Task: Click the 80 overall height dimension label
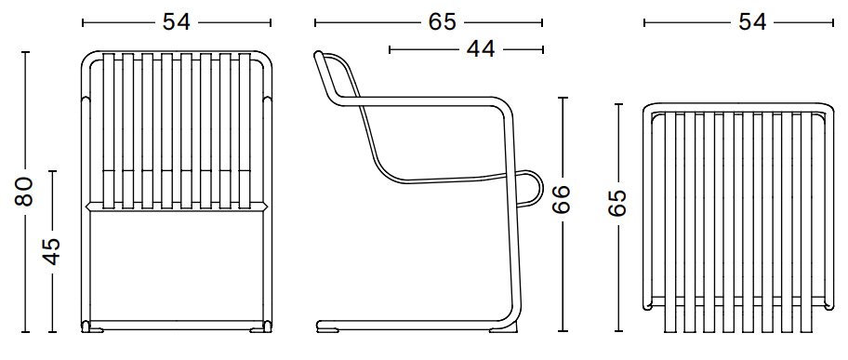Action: [x=24, y=192]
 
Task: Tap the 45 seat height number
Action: [x=52, y=251]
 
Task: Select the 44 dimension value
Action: [x=480, y=49]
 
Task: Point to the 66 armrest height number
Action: [x=563, y=200]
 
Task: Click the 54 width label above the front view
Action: [x=177, y=22]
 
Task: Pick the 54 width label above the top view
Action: [x=751, y=22]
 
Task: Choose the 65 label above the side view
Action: [x=443, y=22]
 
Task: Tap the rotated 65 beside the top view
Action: [x=618, y=203]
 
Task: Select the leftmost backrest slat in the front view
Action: [x=108, y=130]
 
